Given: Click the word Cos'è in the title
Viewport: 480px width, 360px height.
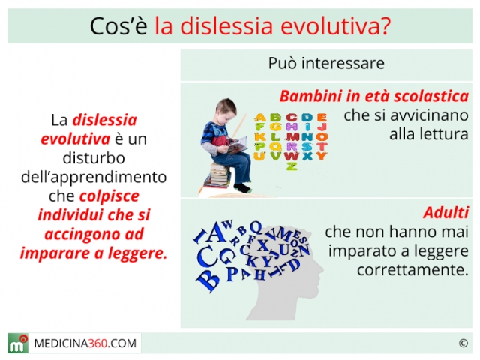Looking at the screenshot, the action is (x=118, y=26).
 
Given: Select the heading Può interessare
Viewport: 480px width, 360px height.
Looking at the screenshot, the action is (x=326, y=63).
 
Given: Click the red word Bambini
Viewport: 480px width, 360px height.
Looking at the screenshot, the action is (x=310, y=96).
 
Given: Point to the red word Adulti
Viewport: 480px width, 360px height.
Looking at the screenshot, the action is (x=445, y=212).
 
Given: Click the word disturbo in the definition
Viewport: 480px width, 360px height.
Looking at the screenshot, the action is (x=94, y=158).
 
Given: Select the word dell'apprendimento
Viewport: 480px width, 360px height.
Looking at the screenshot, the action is (x=94, y=178).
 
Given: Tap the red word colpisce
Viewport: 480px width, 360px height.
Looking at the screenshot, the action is (x=109, y=196).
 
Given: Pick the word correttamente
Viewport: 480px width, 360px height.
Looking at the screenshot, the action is (x=412, y=270).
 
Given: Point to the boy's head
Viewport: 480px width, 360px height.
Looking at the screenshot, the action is (x=226, y=110).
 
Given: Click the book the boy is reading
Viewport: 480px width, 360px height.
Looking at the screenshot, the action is (x=237, y=145).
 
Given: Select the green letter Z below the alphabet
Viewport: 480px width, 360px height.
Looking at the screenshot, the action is (x=292, y=166).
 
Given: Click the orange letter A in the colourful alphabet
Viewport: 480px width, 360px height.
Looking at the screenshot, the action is (x=260, y=117).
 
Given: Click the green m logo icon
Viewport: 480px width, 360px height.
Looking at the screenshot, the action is (x=18, y=343).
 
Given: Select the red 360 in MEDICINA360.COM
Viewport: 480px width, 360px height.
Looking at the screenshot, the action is (x=98, y=343).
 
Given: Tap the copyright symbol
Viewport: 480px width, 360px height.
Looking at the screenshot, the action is (x=463, y=343).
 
